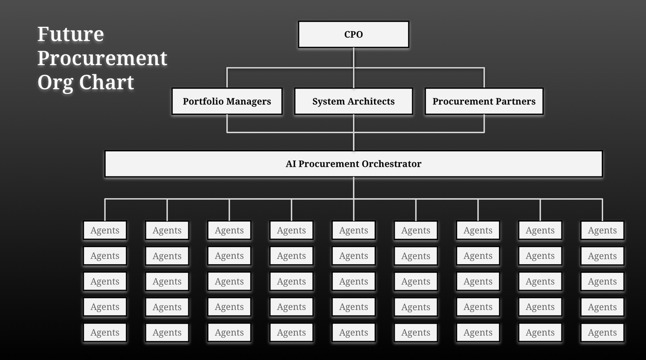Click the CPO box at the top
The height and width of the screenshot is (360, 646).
click(353, 34)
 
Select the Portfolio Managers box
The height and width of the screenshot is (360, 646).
click(227, 101)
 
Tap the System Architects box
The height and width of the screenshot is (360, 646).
click(353, 101)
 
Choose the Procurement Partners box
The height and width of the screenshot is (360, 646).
click(484, 101)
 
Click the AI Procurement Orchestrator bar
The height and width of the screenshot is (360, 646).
click(353, 164)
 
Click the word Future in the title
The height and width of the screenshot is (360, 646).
click(71, 34)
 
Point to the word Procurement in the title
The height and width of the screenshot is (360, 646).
click(102, 58)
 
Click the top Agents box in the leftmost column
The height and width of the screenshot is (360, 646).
click(105, 230)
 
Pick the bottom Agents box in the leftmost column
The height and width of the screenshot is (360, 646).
click(105, 333)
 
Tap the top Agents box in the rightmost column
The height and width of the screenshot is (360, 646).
click(602, 230)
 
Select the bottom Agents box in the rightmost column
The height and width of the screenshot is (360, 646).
click(602, 333)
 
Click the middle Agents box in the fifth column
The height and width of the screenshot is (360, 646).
click(353, 281)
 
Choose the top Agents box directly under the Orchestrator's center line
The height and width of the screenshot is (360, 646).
click(353, 230)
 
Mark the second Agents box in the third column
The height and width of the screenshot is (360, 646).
click(229, 256)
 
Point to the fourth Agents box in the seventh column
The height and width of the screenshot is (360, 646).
click(478, 307)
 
